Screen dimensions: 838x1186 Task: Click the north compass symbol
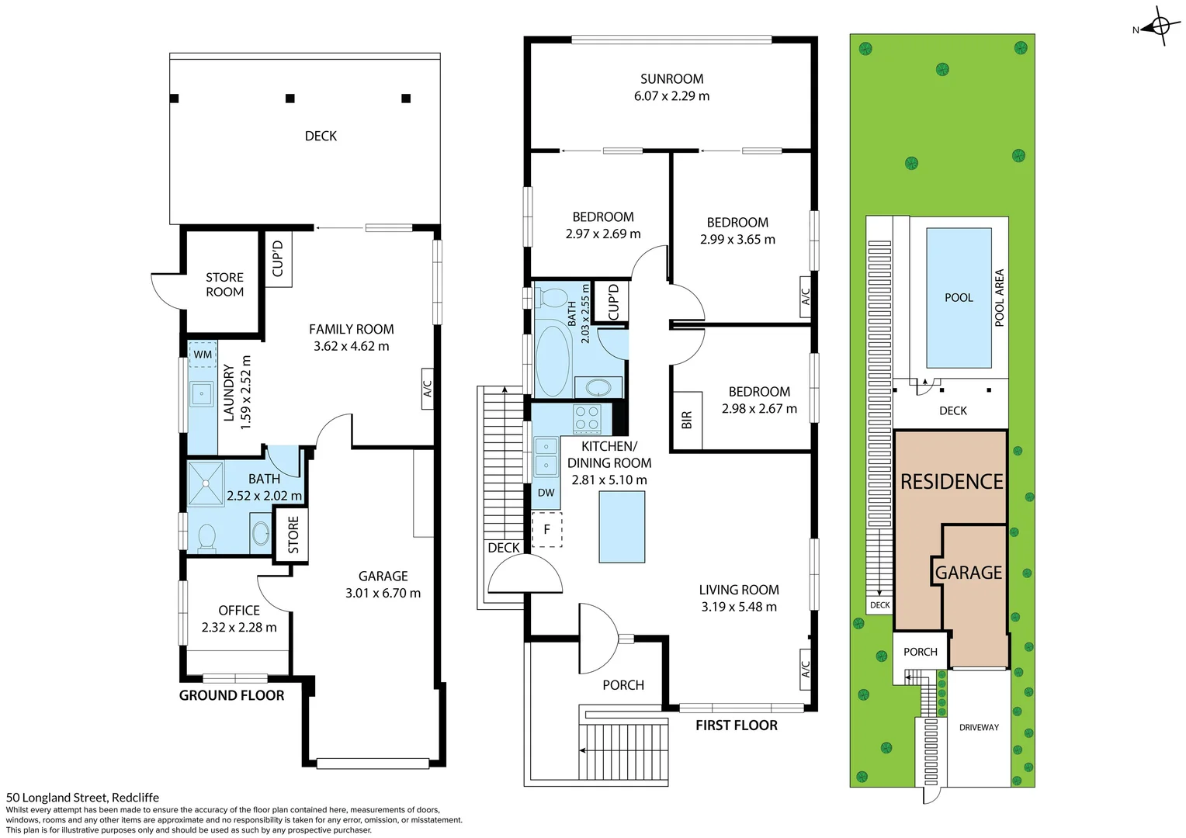pyautogui.click(x=1160, y=28)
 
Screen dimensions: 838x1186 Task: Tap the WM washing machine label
pyautogui.click(x=203, y=355)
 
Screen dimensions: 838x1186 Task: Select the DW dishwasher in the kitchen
pyautogui.click(x=546, y=493)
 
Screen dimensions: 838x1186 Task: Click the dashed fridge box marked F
pyautogui.click(x=547, y=529)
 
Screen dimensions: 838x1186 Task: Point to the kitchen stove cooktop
pyautogui.click(x=587, y=419)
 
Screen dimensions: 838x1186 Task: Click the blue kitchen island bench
pyautogui.click(x=622, y=527)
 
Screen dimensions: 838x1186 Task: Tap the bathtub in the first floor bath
pyautogui.click(x=553, y=360)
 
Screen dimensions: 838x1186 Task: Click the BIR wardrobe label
pyautogui.click(x=687, y=421)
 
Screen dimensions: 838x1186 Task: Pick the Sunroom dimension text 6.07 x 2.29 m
pyautogui.click(x=671, y=96)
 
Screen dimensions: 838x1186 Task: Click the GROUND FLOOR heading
pyautogui.click(x=231, y=695)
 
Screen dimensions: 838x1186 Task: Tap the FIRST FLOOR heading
pyautogui.click(x=736, y=725)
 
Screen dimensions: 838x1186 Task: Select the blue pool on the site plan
pyautogui.click(x=959, y=297)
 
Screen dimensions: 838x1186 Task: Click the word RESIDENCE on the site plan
pyautogui.click(x=952, y=482)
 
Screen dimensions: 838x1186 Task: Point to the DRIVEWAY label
pyautogui.click(x=979, y=727)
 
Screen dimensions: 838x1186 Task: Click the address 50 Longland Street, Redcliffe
pyautogui.click(x=83, y=797)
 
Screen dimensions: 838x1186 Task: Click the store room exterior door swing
pyautogui.click(x=165, y=289)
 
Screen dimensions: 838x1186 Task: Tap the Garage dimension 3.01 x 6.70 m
pyautogui.click(x=383, y=594)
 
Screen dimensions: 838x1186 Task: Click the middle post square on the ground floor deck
pyautogui.click(x=290, y=99)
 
